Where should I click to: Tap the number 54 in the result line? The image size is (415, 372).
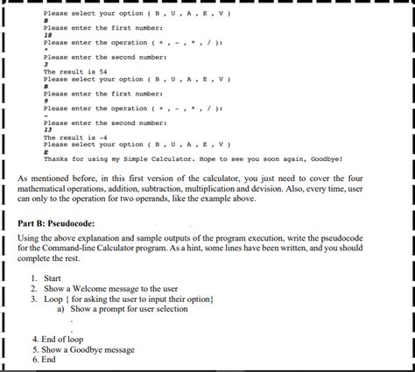point(102,72)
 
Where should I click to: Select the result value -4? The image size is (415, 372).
point(102,137)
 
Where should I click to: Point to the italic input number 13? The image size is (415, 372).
point(47,130)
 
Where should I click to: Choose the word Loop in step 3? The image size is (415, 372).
point(53,298)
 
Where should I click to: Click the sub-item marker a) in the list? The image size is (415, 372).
point(60,309)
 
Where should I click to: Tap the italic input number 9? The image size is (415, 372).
point(46,101)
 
